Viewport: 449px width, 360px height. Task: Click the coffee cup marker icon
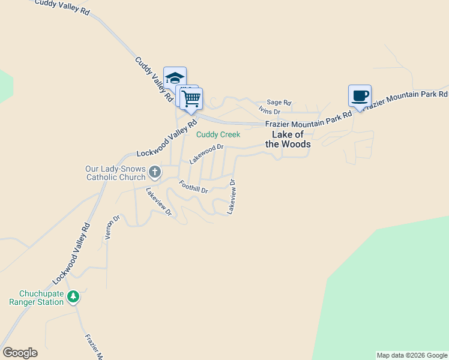(360, 96)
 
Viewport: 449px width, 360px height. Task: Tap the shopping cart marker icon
(191, 99)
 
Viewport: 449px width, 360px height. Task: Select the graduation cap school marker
(175, 78)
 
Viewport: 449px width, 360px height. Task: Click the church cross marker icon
(154, 173)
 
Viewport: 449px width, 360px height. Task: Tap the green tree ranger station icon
(73, 296)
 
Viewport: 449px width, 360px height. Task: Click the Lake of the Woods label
(288, 139)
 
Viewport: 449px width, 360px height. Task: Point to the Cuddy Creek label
(218, 134)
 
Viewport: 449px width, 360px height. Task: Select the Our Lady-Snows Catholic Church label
(115, 173)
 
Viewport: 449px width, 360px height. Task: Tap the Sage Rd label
(279, 103)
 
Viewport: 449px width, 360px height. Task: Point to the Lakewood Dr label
(206, 154)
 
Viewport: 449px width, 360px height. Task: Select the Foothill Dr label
(193, 187)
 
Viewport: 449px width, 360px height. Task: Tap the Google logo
(20, 353)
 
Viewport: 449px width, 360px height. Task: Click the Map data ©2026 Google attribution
(412, 355)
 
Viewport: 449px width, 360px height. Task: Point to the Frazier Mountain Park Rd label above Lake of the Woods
(309, 122)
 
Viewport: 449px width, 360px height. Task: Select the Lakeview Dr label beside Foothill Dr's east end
(231, 196)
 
